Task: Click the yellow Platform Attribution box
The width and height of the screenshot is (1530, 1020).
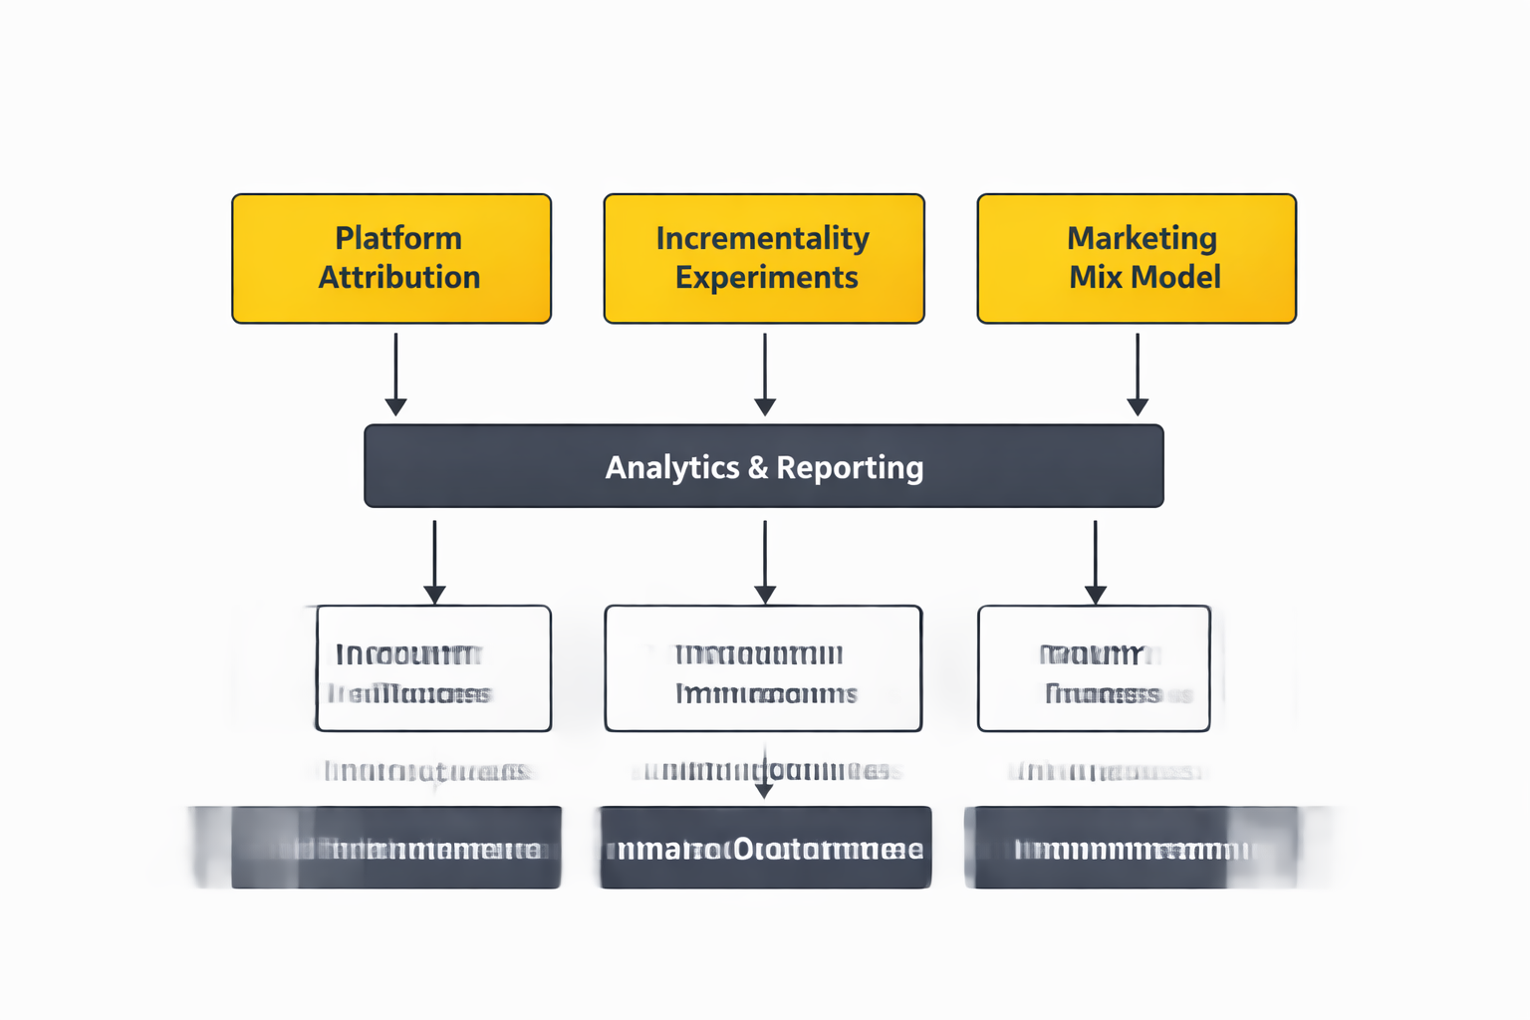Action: (391, 259)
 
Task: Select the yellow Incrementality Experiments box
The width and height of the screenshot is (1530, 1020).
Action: (764, 259)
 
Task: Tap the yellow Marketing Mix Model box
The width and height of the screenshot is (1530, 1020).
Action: (1137, 259)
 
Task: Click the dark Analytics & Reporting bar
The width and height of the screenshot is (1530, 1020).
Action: (764, 466)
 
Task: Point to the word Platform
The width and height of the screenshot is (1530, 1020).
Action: (398, 239)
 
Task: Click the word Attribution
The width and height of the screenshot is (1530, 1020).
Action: (399, 277)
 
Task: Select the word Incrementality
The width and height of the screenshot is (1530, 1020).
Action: (763, 239)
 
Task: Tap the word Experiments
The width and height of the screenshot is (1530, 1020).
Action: (766, 277)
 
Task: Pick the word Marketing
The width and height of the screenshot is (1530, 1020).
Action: (1142, 239)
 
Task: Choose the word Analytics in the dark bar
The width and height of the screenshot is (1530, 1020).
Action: (672, 467)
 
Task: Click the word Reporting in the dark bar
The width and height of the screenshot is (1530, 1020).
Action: (850, 467)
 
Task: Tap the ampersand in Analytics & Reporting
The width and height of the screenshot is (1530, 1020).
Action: (758, 467)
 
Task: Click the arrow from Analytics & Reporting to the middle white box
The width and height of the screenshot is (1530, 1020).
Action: (765, 562)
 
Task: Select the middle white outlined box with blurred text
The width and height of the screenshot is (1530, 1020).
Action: (763, 668)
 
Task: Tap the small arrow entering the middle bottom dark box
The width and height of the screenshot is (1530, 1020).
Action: (764, 777)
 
